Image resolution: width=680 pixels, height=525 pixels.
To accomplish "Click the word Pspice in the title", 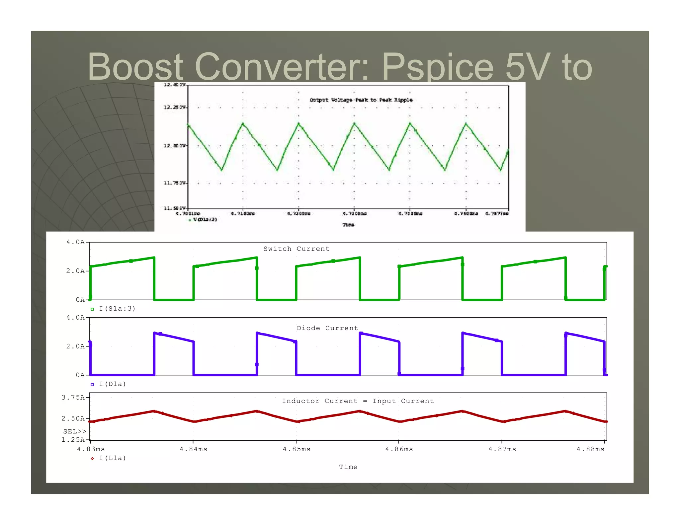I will pyautogui.click(x=437, y=67).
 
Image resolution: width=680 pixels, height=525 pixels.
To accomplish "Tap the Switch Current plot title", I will pyautogui.click(x=296, y=249).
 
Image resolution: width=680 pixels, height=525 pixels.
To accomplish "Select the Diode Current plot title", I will pyautogui.click(x=327, y=328).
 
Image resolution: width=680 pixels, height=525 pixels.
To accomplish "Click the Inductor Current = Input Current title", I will pyautogui.click(x=358, y=401).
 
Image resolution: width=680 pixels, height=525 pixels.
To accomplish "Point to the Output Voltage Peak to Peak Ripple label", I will pyautogui.click(x=361, y=100).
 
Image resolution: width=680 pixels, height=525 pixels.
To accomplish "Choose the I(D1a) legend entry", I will pyautogui.click(x=112, y=384).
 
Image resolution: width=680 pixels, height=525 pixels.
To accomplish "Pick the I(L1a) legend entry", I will pyautogui.click(x=112, y=458).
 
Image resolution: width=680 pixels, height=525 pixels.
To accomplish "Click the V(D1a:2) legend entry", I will pyautogui.click(x=205, y=219).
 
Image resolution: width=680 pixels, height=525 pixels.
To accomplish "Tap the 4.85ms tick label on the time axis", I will pyautogui.click(x=296, y=449).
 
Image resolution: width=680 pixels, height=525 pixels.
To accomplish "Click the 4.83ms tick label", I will pyautogui.click(x=91, y=449).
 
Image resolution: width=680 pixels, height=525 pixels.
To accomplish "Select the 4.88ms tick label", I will pyautogui.click(x=590, y=449).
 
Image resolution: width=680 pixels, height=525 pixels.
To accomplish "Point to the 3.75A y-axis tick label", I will pyautogui.click(x=73, y=397).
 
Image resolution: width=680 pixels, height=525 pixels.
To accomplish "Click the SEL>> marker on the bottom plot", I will pyautogui.click(x=74, y=431).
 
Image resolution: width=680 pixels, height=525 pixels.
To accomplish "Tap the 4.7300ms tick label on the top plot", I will pyautogui.click(x=354, y=213).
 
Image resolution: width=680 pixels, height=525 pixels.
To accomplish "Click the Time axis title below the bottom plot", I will pyautogui.click(x=348, y=467).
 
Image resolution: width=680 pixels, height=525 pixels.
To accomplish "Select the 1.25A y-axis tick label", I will pyautogui.click(x=73, y=439).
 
